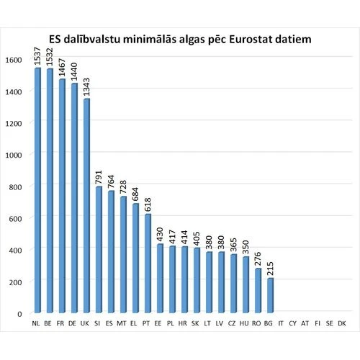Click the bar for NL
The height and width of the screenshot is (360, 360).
37,191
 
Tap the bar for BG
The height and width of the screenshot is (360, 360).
270,296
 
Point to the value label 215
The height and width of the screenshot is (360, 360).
270,267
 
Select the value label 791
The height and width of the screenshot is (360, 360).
99,176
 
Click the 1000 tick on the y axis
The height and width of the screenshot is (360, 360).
14,154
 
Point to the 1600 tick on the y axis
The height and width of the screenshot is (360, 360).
14,59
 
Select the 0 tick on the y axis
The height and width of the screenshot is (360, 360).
20,313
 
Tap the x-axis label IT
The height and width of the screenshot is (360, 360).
282,325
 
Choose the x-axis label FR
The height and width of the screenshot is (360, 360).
61,325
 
